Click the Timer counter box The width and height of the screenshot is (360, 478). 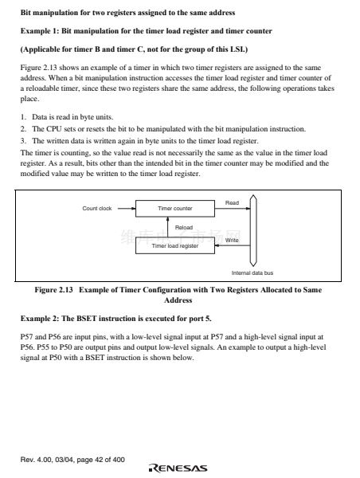[x=175, y=209]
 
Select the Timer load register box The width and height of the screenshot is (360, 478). [x=175, y=245]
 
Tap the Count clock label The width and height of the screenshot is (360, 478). [x=97, y=209]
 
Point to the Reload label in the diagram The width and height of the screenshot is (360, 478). [x=184, y=227]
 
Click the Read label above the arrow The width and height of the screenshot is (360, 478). [x=232, y=202]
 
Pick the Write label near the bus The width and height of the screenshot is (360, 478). [x=232, y=241]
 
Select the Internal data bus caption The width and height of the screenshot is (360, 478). [x=252, y=272]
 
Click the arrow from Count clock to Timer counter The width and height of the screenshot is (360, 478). [x=127, y=209]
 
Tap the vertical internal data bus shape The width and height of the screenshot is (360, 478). [x=253, y=231]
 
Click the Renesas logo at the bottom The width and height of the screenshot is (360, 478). [x=178, y=468]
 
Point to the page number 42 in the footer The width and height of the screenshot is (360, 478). [x=99, y=460]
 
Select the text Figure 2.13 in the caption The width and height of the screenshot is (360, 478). [x=53, y=290]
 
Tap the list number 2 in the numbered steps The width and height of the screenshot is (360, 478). [x=23, y=129]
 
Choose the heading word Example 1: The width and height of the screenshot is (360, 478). [x=40, y=31]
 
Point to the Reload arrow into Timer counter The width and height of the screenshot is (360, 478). [x=167, y=227]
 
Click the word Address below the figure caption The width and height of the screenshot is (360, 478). [x=178, y=300]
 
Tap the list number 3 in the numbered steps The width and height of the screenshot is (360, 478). [x=23, y=141]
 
